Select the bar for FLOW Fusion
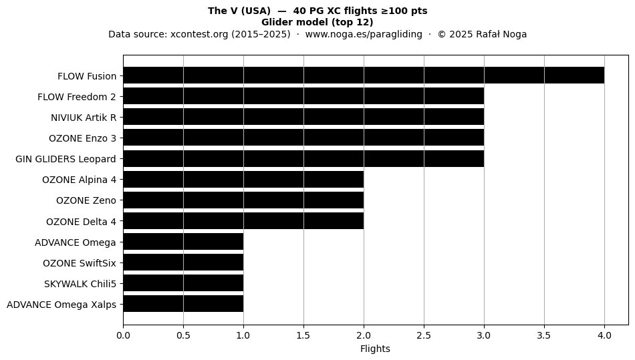[364, 75]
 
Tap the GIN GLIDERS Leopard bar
[303, 158]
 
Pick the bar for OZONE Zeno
[243, 200]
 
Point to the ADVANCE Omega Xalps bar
[183, 304]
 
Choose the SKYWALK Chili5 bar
[183, 283]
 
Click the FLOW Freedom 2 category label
[77, 97]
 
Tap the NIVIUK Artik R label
[84, 118]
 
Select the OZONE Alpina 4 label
[79, 180]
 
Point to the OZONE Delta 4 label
[81, 222]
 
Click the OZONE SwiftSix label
[80, 263]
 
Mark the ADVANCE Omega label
[76, 242]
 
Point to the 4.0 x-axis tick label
[604, 335]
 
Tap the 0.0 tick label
[123, 335]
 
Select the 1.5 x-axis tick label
[303, 335]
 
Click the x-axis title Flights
[375, 349]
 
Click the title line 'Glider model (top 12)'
[317, 22]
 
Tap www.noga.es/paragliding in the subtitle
[364, 34]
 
